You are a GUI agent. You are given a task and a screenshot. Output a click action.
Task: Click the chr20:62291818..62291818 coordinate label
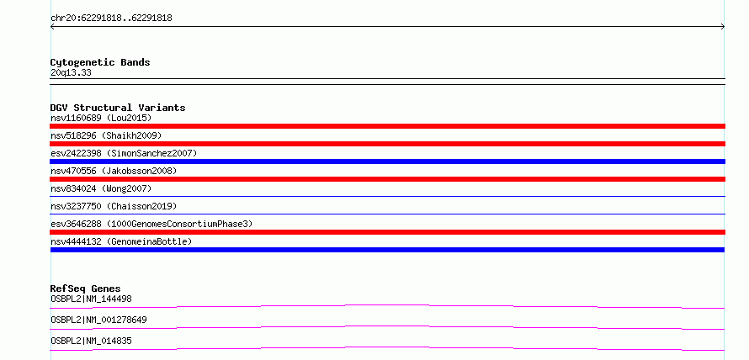[x=111, y=19]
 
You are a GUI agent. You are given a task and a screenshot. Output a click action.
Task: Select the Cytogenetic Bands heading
[x=100, y=62]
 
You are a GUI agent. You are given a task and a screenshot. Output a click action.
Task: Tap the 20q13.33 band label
[x=71, y=73]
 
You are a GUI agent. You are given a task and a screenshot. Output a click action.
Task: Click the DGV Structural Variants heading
[x=118, y=108]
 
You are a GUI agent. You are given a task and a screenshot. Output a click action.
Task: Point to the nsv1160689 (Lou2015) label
[x=101, y=118]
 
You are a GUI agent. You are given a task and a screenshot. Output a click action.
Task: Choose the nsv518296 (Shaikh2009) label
[x=106, y=135]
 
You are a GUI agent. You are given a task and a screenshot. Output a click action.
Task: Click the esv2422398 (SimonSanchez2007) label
[x=124, y=153]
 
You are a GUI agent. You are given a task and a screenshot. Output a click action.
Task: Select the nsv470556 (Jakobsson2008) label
[x=114, y=171]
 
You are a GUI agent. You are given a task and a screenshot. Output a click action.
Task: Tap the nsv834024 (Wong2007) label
[x=101, y=188]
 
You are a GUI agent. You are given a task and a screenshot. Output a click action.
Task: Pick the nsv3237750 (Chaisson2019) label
[x=114, y=206]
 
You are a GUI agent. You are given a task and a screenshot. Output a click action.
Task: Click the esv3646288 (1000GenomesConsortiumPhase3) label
[x=151, y=224]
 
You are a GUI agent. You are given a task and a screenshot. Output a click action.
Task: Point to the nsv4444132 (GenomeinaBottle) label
[x=121, y=241]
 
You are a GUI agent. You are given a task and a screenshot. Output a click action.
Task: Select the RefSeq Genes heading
[x=86, y=289]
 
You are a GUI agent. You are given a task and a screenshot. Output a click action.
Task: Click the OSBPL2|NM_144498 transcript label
[x=91, y=299]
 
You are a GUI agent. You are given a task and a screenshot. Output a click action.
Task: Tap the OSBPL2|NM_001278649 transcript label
[x=98, y=320]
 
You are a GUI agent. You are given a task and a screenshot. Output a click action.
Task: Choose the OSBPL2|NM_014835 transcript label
[x=91, y=341]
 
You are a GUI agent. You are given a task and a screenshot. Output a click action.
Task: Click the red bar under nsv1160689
[x=387, y=126]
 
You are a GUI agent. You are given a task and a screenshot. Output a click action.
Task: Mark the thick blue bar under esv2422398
[x=387, y=161]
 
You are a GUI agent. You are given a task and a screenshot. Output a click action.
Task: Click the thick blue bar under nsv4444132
[x=387, y=250]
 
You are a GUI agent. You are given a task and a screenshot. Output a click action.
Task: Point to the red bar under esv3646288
[x=387, y=232]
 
